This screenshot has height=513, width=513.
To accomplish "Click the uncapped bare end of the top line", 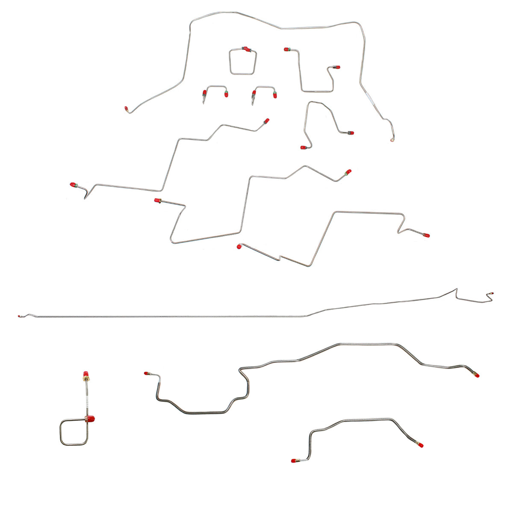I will click(x=392, y=139).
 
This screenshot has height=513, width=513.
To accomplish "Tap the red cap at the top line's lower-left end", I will click(x=127, y=109).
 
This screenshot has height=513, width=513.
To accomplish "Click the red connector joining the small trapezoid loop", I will click(x=246, y=49).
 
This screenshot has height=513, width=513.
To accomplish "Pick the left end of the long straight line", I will click(x=20, y=316).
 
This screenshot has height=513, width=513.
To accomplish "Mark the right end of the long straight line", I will click(x=492, y=294).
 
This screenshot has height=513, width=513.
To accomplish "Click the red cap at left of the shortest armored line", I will click(x=294, y=461).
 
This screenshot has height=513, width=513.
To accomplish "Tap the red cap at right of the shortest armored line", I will click(x=421, y=445).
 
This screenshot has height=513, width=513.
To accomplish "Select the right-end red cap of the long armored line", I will click(x=476, y=375).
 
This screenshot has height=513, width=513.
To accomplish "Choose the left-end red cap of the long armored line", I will click(x=147, y=373).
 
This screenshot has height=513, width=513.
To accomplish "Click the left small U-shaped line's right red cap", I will click(x=226, y=94).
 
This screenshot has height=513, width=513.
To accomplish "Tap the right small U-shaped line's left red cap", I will click(x=254, y=92).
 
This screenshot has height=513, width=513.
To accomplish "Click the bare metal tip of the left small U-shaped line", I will click(x=204, y=103).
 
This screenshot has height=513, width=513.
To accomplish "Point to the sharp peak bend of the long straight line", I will click(x=456, y=289).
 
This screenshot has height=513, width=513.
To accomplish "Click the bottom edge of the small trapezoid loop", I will click(x=243, y=74).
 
